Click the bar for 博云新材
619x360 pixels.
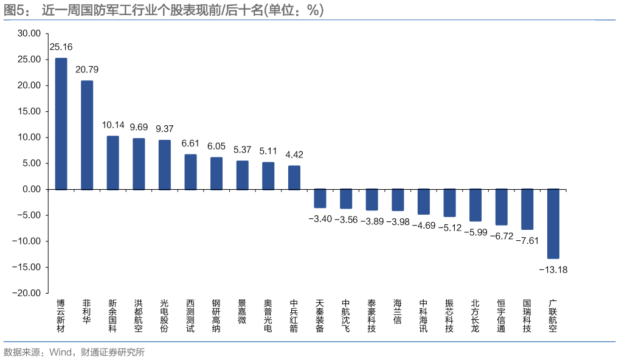tap(61, 123)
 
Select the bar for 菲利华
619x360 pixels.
tap(87, 134)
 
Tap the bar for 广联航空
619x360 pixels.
tap(553, 223)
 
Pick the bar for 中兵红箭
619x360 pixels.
tap(294, 177)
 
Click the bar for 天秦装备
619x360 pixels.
tap(320, 198)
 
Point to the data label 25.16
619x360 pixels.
tap(61, 47)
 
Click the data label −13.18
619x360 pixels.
tap(553, 269)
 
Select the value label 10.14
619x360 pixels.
tap(112, 125)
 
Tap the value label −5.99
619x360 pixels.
tap(475, 232)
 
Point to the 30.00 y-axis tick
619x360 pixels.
tap(29, 33)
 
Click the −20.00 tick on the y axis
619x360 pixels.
tap(27, 292)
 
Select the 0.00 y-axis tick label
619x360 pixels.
tap(32, 189)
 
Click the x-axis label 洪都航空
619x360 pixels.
tap(139, 316)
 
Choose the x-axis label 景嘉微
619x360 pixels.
tap(242, 311)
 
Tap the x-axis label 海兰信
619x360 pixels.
tap(398, 311)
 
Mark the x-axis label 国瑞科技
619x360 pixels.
tap(527, 316)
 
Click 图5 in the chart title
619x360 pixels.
tap(16, 10)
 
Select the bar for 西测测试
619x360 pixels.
tap(190, 171)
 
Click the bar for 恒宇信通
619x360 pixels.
tap(501, 207)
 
